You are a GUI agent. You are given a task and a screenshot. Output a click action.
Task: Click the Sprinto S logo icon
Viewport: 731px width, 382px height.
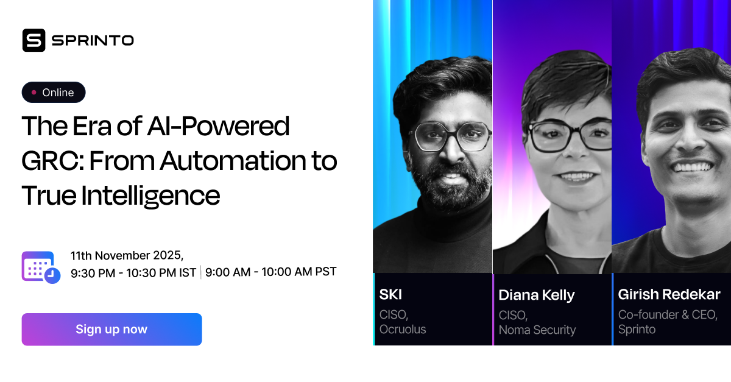point(34,40)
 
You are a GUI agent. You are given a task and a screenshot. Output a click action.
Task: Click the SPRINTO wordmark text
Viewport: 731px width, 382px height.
point(93,41)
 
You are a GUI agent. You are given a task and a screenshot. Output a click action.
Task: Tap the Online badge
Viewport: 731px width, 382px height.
point(54,93)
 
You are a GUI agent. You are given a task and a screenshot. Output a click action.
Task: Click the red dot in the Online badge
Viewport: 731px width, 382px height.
point(34,93)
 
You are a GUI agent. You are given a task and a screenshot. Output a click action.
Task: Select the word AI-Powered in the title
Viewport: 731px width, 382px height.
point(218,126)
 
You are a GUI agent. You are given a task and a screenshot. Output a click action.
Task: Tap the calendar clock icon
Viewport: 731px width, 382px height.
point(41,267)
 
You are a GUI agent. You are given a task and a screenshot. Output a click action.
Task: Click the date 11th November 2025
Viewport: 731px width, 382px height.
point(127,255)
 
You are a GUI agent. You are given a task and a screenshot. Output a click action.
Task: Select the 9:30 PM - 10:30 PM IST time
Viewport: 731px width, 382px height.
point(133,273)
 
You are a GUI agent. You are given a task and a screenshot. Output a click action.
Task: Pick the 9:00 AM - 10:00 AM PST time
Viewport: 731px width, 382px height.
point(270,272)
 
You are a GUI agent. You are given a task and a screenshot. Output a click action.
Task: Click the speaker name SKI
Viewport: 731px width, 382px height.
point(390,295)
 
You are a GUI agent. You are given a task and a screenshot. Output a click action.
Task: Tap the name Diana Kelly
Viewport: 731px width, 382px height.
point(536,295)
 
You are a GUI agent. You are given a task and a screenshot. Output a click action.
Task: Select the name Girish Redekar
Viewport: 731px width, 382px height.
point(669,295)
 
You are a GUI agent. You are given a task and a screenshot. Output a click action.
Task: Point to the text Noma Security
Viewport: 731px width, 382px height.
point(537,330)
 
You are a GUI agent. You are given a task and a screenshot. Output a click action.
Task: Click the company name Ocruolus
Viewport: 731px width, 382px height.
point(403,330)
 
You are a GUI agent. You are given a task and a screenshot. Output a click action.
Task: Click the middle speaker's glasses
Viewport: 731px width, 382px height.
point(562,137)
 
